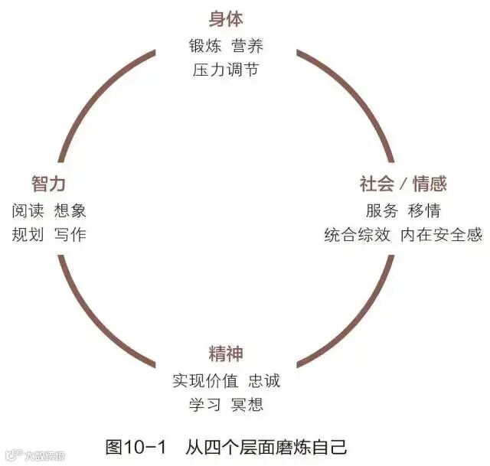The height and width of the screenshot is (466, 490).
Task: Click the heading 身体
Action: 226,19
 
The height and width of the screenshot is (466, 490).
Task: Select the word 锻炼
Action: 204,45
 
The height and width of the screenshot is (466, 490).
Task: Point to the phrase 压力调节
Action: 226,70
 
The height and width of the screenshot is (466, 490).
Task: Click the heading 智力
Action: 48,184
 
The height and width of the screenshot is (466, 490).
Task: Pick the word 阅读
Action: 28,210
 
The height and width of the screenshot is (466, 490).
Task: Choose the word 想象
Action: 70,210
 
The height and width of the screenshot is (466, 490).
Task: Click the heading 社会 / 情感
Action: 403,184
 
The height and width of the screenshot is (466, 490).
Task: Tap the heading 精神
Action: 226,354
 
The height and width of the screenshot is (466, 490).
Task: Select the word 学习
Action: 204,404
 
